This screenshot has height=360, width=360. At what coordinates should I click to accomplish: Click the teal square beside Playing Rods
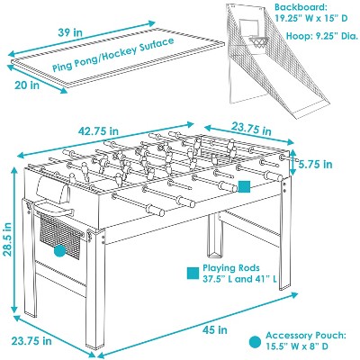192,271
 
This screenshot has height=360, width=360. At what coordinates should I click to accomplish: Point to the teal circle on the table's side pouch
59,251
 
